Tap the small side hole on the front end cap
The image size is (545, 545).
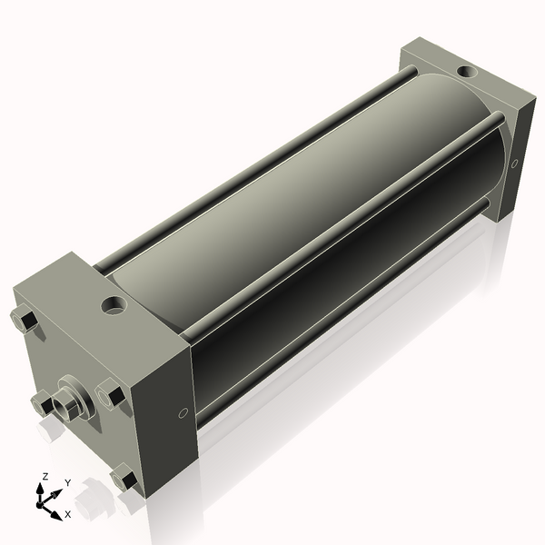(x=184, y=413)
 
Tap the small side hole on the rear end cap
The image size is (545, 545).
(x=514, y=164)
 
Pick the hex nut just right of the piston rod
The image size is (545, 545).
(x=111, y=395)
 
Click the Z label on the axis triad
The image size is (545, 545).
(x=44, y=475)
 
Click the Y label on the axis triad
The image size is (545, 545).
(x=67, y=482)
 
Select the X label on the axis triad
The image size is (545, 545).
(x=67, y=514)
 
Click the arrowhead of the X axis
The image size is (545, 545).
(x=59, y=508)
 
